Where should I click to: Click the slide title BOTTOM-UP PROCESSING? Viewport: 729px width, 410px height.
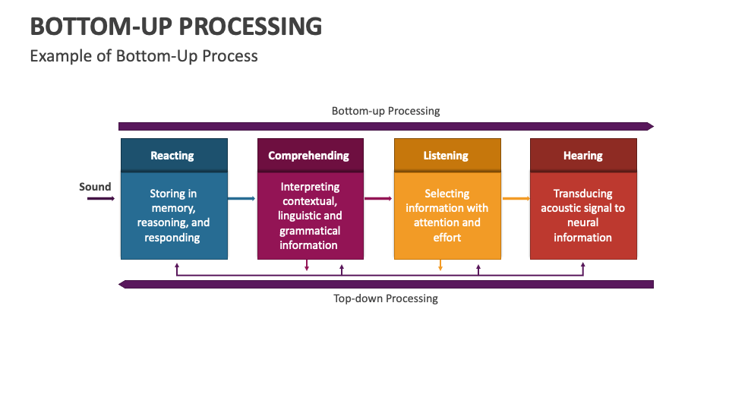[175, 26]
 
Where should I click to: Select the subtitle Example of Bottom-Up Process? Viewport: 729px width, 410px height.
[144, 56]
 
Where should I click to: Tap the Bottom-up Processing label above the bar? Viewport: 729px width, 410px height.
[386, 111]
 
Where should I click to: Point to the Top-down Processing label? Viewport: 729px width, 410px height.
[386, 298]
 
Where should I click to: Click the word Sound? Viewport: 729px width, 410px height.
[95, 187]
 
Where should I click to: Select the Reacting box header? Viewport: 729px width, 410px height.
[175, 155]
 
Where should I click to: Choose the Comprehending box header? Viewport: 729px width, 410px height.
[311, 155]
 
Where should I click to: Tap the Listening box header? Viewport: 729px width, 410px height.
[448, 155]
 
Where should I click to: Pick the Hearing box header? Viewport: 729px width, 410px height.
[583, 155]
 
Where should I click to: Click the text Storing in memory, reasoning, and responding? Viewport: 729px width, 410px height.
[173, 215]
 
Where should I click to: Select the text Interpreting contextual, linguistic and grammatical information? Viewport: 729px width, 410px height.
[310, 216]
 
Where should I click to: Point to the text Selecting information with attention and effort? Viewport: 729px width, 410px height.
[447, 215]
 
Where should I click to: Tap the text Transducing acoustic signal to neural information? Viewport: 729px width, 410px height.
[582, 215]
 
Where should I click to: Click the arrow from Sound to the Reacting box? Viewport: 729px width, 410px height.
[101, 198]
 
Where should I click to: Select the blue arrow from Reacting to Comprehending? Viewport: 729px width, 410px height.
[241, 198]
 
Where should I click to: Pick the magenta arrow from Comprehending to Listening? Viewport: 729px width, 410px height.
[378, 198]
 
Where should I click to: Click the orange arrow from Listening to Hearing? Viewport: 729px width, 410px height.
[516, 198]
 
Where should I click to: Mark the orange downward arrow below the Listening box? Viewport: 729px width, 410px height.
[440, 265]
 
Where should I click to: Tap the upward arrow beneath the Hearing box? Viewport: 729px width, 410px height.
[583, 269]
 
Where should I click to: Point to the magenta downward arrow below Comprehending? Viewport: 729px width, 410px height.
[307, 265]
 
